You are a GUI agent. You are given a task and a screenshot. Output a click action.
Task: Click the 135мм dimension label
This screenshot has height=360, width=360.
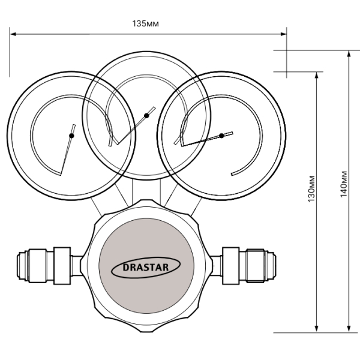(x=145, y=23)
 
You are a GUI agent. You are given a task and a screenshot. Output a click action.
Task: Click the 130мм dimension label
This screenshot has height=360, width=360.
(x=311, y=189)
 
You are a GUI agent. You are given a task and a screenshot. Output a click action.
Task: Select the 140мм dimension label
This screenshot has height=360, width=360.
(x=343, y=184)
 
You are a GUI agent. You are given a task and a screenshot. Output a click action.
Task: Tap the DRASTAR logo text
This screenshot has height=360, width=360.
(x=146, y=268)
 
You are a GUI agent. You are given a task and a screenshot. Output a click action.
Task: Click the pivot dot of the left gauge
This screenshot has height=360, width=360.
(x=71, y=136)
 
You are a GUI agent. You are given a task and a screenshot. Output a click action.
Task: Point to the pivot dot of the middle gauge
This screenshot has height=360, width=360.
(x=146, y=115)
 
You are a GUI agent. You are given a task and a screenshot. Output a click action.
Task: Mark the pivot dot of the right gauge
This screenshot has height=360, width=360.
(x=221, y=136)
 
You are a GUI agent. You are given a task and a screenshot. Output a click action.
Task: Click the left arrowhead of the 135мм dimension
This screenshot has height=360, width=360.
(x=13, y=34)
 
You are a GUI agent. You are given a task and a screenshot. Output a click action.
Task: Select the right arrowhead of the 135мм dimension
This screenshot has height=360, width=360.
(x=284, y=34)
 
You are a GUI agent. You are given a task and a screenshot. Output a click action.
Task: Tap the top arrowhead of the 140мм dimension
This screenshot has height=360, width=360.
(x=349, y=53)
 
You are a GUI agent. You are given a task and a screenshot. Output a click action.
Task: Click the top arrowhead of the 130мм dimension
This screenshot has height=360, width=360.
(x=317, y=75)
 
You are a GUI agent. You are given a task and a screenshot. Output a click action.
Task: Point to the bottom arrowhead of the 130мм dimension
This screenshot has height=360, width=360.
(x=317, y=329)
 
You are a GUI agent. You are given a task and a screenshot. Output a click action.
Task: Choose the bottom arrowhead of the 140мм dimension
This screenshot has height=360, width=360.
(x=349, y=329)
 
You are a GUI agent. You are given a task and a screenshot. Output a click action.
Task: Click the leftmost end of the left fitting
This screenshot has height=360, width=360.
(x=17, y=266)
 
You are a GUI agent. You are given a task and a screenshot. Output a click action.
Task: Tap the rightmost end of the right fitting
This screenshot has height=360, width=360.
(x=275, y=266)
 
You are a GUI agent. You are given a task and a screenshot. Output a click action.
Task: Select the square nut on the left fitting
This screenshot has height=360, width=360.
(x=62, y=266)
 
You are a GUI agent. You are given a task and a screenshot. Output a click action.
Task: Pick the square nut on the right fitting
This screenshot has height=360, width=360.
(x=231, y=266)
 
